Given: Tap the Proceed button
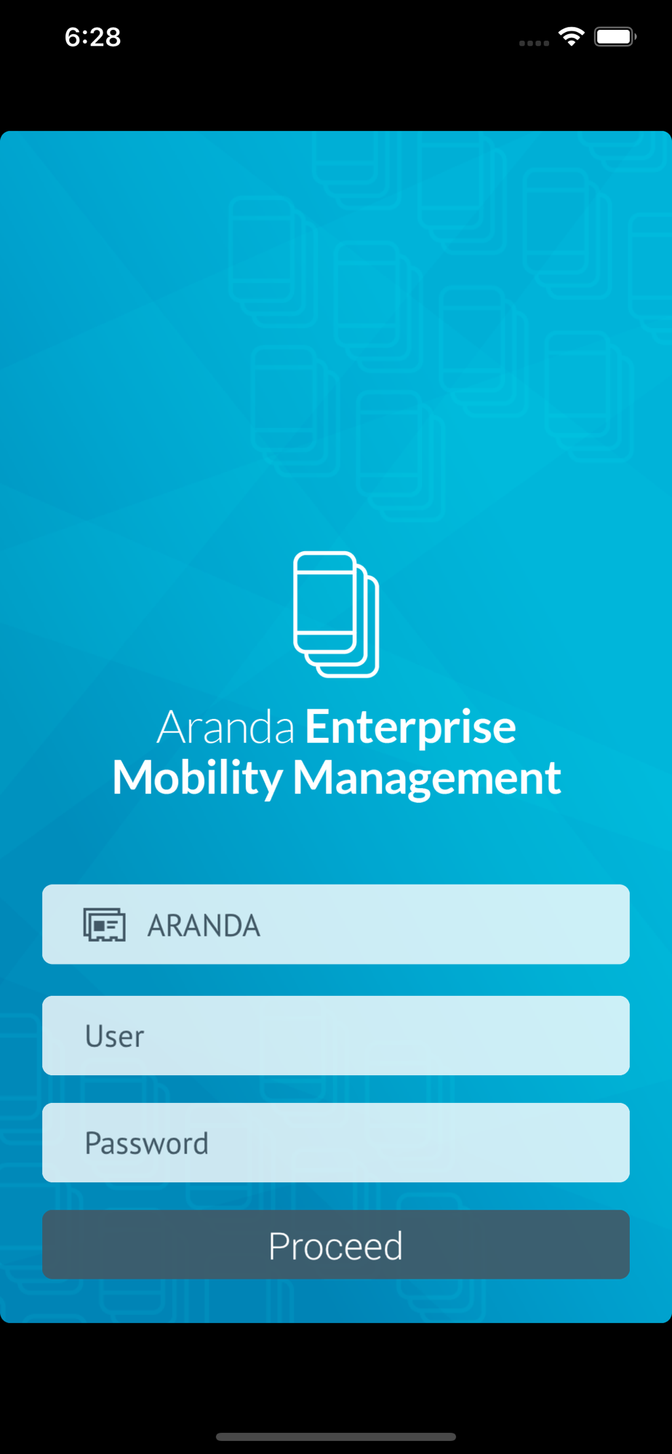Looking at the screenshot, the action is coord(336,1244).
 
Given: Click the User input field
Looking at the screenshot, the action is coord(336,1035).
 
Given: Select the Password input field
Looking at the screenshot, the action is coord(336,1142).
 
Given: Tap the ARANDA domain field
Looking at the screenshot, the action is coord(336,924).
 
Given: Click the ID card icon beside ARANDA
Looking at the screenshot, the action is coord(104,925).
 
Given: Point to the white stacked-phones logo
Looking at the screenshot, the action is coord(336,614).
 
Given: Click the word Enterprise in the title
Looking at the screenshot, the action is coord(410,727).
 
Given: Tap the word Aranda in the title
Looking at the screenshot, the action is coord(225,727).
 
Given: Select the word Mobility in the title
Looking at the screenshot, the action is coord(198,778).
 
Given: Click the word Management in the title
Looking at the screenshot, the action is coord(427,778).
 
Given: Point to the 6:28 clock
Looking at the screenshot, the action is coord(92,37).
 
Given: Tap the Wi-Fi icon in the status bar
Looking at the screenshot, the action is coord(572,36).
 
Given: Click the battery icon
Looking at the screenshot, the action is coord(615,36).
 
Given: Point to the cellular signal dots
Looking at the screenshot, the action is coord(534,43).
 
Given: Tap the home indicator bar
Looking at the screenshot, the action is coord(336,1437).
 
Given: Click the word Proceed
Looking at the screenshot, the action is coord(335,1246).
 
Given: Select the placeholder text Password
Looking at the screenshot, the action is coord(147,1144).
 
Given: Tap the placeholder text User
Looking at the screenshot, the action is coord(115,1036).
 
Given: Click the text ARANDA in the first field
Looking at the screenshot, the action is coord(204,925).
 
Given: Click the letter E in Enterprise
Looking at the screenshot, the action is coord(317,727).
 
